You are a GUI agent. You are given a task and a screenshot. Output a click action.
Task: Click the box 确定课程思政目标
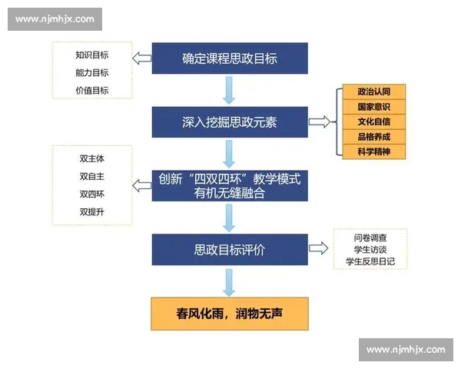click(229, 58)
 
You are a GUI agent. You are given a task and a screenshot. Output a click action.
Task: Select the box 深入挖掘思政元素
click(229, 122)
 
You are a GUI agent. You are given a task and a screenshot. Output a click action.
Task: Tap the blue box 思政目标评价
click(229, 249)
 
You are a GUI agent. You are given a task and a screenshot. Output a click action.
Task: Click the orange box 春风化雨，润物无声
click(229, 313)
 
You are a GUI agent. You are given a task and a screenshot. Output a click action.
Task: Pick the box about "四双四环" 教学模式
click(229, 185)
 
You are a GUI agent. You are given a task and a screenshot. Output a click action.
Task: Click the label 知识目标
click(91, 55)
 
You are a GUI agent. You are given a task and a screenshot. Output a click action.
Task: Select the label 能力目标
click(91, 72)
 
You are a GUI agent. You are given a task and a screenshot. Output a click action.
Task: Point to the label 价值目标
click(91, 90)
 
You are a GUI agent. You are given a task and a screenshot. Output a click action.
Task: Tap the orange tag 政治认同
click(373, 92)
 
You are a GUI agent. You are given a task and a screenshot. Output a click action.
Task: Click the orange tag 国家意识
click(373, 107)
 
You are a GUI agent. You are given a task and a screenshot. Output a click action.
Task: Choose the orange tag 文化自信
click(373, 121)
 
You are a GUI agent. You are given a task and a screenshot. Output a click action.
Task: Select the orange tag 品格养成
click(373, 136)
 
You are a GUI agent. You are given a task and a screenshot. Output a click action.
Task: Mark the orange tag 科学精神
click(373, 151)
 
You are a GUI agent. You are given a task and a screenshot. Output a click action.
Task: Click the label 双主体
click(91, 159)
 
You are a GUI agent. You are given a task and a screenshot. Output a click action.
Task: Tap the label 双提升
click(91, 211)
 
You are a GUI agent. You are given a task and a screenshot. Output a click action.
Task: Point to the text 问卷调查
click(370, 238)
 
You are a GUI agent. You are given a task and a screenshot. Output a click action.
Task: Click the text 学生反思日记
click(370, 261)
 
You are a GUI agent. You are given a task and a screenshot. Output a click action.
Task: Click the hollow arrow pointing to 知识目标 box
click(141, 58)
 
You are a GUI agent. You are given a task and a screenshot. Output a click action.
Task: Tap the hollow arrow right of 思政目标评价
click(319, 248)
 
